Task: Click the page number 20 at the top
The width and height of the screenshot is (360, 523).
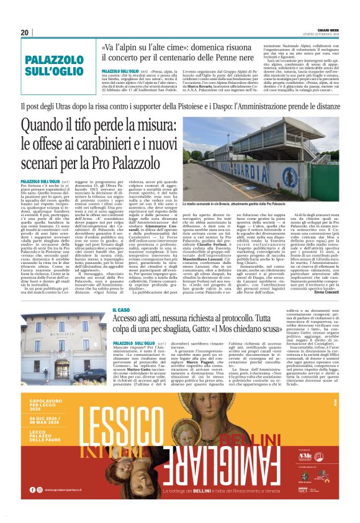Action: pos(24,32)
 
